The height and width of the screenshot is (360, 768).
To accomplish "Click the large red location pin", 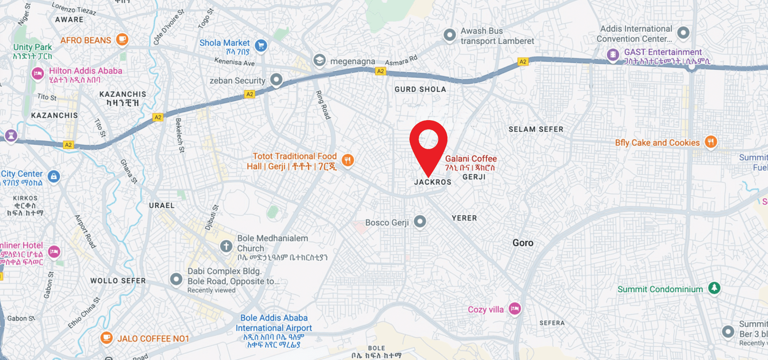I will (x=428, y=143).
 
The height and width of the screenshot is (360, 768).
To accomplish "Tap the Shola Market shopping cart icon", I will (x=261, y=46).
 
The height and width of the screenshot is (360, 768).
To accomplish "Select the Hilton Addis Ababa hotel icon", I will (x=38, y=73).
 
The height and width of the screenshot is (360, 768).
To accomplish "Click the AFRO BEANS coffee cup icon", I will (x=122, y=39).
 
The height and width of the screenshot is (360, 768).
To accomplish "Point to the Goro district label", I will (x=523, y=243).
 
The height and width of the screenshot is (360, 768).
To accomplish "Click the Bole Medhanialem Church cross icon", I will (x=226, y=246).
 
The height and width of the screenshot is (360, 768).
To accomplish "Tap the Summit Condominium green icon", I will (x=714, y=287).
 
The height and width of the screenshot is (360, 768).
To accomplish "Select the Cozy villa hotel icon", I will (x=515, y=308).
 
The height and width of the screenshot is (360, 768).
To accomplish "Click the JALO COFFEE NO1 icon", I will (x=106, y=338).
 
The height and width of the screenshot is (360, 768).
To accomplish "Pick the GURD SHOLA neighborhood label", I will (x=420, y=90).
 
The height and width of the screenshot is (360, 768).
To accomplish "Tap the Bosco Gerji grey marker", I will (x=420, y=221).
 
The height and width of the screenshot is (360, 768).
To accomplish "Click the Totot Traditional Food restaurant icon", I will (x=348, y=160).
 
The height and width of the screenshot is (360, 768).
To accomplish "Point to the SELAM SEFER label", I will (x=536, y=129).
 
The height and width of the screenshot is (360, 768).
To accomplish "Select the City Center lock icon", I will (x=54, y=176).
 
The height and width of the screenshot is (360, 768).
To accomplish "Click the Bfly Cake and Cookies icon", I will (x=710, y=142).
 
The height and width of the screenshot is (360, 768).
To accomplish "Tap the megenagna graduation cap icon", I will (x=319, y=60).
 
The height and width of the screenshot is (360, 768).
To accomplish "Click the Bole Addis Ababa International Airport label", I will (x=274, y=323).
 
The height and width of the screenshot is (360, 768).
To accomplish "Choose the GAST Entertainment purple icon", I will (x=613, y=54).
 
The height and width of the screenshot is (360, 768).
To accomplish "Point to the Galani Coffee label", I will (x=470, y=159).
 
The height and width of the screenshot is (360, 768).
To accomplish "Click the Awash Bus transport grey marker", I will (x=449, y=35).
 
